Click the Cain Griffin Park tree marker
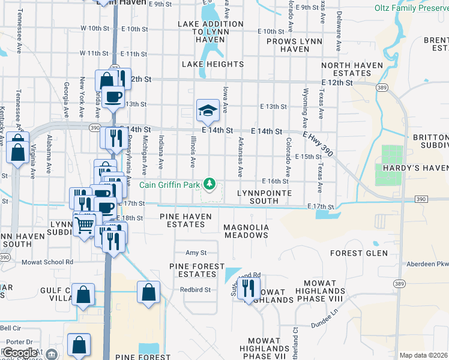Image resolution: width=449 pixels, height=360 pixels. pyautogui.click(x=209, y=183)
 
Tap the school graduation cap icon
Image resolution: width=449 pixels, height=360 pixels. pyautogui.click(x=208, y=110)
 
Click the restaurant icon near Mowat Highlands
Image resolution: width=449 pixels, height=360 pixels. pyautogui.click(x=247, y=288)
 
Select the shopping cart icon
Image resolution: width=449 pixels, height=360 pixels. pyautogui.click(x=85, y=225)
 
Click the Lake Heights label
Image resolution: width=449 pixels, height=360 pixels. pyautogui.click(x=211, y=64)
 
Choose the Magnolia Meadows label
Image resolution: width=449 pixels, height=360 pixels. pyautogui.click(x=246, y=232)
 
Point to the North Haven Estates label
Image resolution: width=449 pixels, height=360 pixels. pyautogui.click(x=346, y=69)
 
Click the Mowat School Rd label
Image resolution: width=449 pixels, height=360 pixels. pyautogui.click(x=47, y=262)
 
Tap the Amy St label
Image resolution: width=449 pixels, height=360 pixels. pyautogui.click(x=196, y=253)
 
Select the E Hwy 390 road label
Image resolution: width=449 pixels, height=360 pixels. pyautogui.click(x=317, y=143)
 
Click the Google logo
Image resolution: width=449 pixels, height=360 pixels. pyautogui.click(x=20, y=353)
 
